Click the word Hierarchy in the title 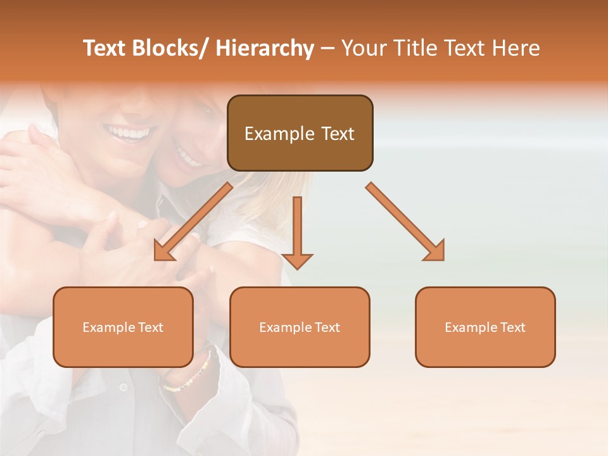click(x=265, y=49)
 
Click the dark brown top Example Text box click(x=300, y=133)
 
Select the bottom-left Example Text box click(x=123, y=327)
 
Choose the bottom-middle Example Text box click(x=300, y=327)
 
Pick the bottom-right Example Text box click(x=485, y=327)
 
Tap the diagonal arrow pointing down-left click(x=193, y=222)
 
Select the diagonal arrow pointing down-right click(x=405, y=222)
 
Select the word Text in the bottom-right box click(x=512, y=327)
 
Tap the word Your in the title click(x=361, y=49)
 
